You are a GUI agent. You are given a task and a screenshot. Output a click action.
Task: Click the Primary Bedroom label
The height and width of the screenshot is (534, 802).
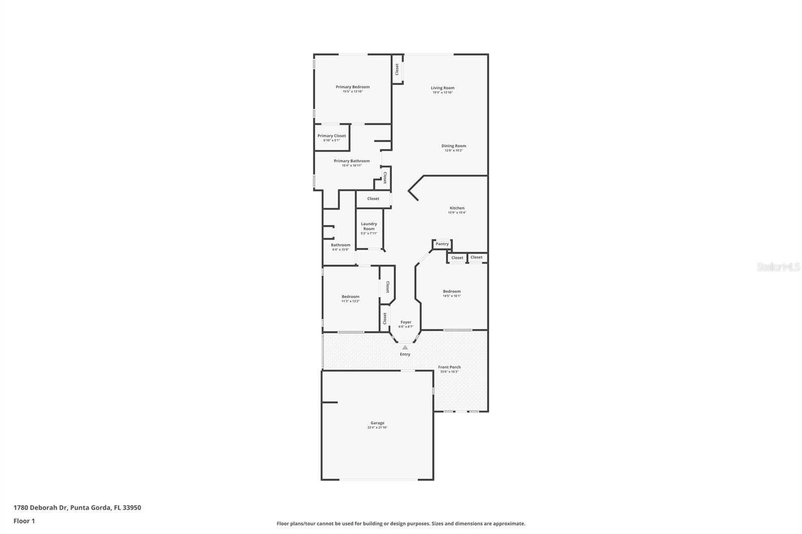pyautogui.click(x=352, y=87)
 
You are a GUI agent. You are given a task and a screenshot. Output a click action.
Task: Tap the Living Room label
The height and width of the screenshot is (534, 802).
pyautogui.click(x=443, y=88)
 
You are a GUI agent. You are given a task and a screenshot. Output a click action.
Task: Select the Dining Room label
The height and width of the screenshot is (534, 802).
pyautogui.click(x=454, y=146)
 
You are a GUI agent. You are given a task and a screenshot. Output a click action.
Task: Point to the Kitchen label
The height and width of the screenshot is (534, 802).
pyautogui.click(x=457, y=208)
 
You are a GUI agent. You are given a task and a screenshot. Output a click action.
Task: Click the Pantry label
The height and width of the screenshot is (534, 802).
pyautogui.click(x=442, y=244)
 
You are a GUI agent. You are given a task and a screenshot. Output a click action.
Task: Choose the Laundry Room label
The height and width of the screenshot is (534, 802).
pyautogui.click(x=369, y=226)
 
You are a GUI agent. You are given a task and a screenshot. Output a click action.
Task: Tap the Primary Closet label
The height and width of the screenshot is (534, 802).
pyautogui.click(x=331, y=136)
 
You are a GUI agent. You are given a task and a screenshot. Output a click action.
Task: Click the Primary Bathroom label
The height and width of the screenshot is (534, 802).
pyautogui.click(x=352, y=161)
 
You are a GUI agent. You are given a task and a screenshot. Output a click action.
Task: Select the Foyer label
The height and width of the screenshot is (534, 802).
pyautogui.click(x=406, y=322)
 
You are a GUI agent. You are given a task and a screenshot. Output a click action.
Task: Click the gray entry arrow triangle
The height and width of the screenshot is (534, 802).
pyautogui.click(x=405, y=347)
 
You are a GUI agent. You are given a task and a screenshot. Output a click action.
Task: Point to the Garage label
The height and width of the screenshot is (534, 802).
pyautogui.click(x=377, y=423)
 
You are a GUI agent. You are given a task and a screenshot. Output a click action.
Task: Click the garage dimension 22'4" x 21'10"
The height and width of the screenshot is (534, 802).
pyautogui.click(x=377, y=427)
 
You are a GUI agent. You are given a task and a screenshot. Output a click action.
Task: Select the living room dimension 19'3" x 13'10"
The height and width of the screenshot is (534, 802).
pyautogui.click(x=443, y=92)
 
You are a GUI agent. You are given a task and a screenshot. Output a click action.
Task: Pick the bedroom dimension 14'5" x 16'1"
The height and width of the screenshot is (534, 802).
pyautogui.click(x=452, y=296)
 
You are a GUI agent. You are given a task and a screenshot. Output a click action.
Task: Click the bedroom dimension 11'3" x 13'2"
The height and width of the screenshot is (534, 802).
pyautogui.click(x=350, y=301)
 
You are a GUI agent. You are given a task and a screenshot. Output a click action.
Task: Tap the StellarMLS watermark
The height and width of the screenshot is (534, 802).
pyautogui.click(x=778, y=267)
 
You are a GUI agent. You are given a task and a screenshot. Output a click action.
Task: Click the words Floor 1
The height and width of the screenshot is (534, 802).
pyautogui.click(x=24, y=521)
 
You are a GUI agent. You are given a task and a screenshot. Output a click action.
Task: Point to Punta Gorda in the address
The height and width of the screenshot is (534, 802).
pyautogui.click(x=90, y=507)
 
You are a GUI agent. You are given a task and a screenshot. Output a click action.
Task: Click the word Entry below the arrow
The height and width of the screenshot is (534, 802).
pyautogui.click(x=405, y=354)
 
